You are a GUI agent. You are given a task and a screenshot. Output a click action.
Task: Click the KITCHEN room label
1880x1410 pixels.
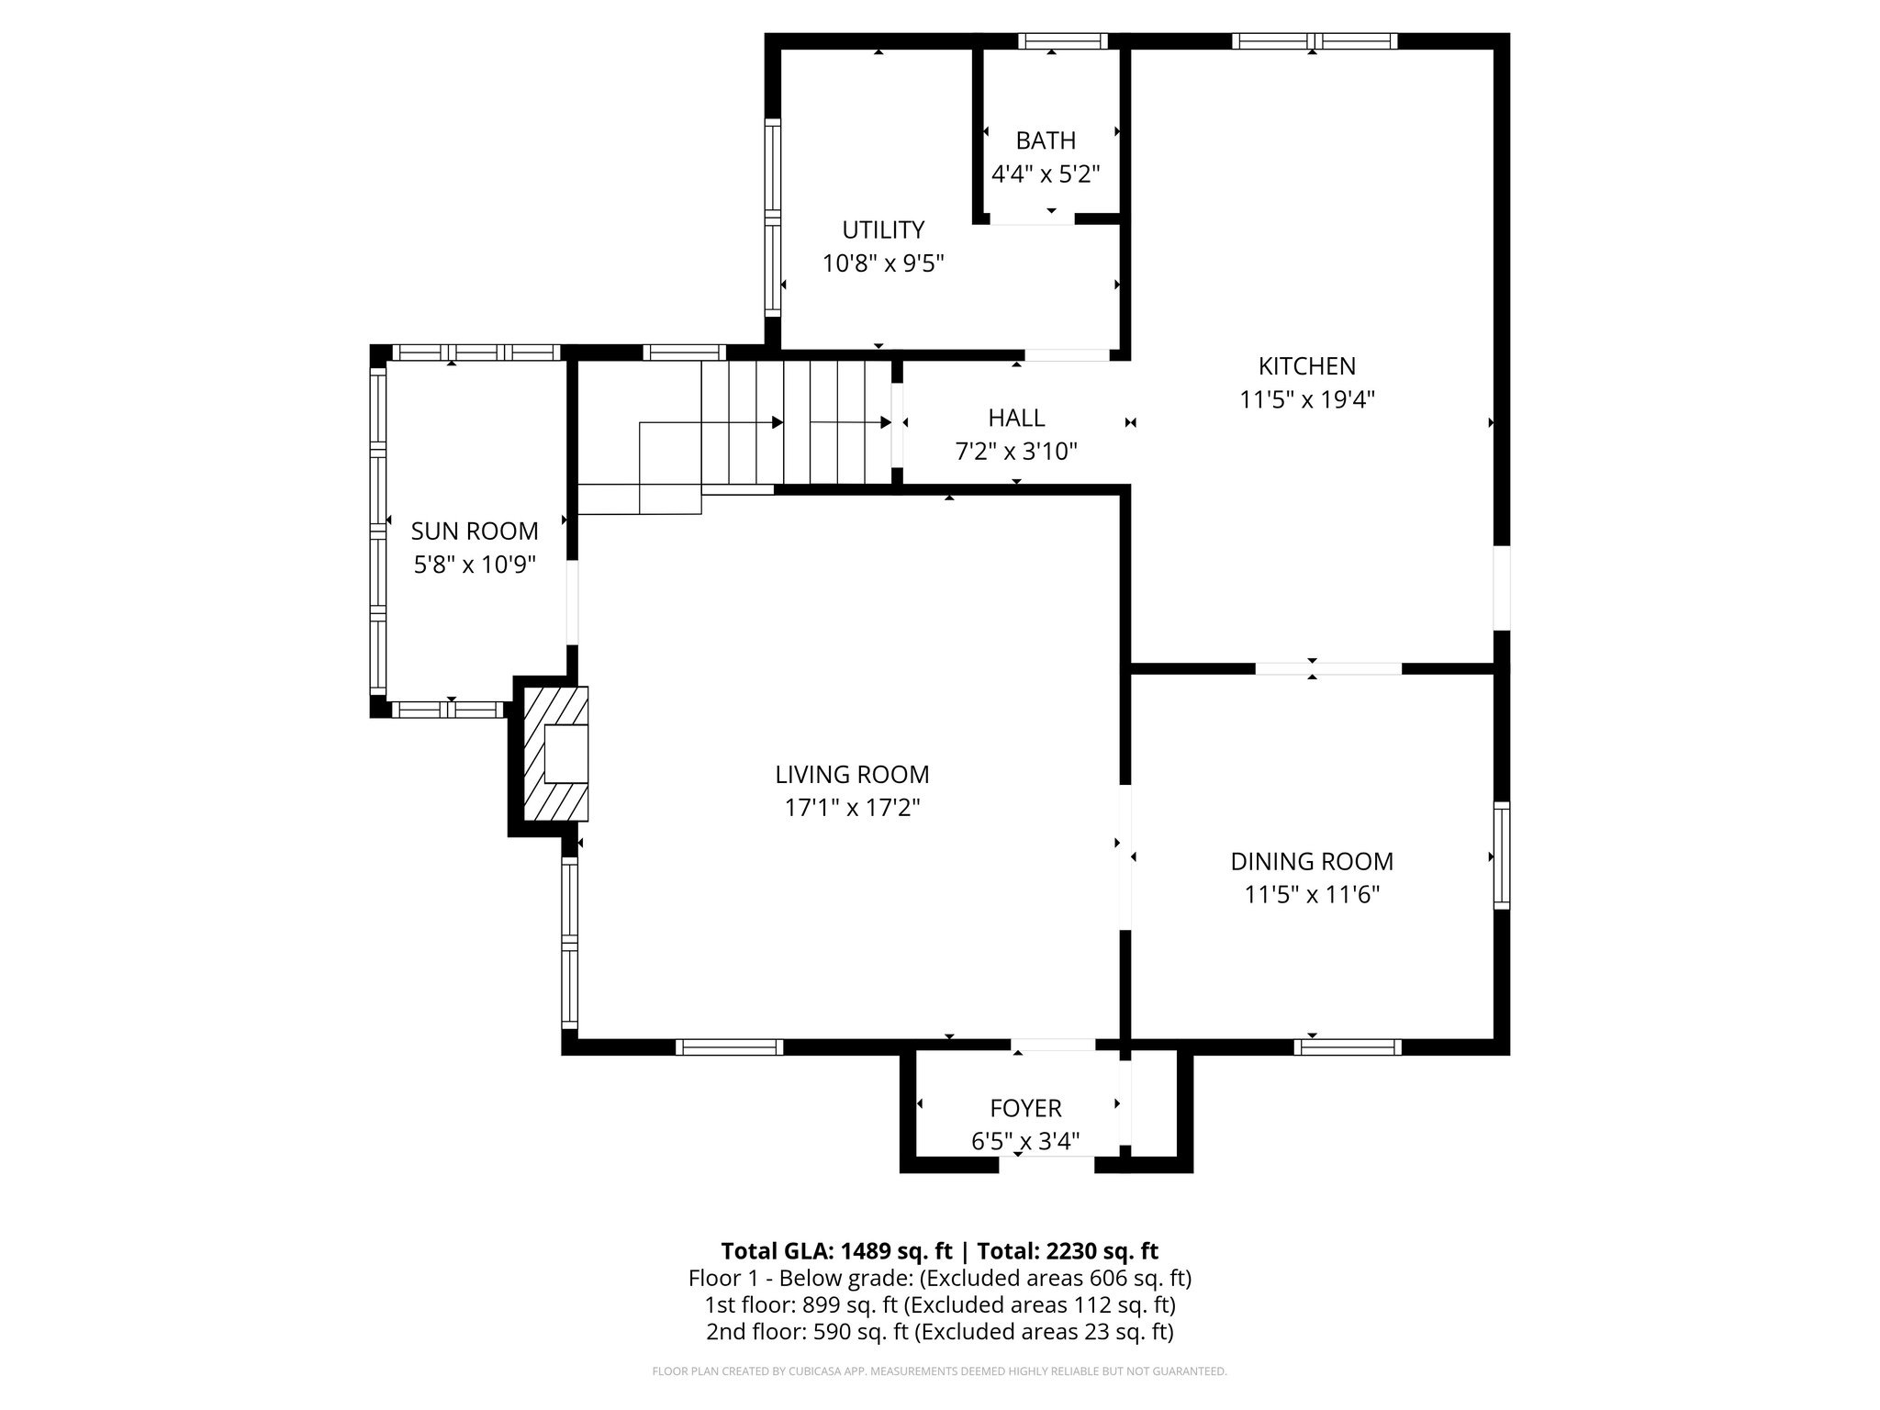(1306, 366)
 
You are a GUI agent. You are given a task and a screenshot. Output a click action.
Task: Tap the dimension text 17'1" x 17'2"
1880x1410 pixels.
(852, 808)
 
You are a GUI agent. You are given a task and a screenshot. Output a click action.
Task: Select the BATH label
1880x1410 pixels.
(1046, 140)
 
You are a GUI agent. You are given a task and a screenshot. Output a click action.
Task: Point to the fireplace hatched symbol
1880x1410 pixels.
(554, 753)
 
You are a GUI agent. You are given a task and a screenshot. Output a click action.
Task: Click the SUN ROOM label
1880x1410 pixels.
(474, 531)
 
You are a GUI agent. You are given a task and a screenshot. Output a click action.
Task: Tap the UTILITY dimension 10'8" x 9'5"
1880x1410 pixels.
(883, 263)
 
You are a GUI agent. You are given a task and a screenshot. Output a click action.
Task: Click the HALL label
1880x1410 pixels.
(1016, 418)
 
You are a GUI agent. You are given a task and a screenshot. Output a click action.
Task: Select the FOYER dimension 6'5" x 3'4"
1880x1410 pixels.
(1025, 1142)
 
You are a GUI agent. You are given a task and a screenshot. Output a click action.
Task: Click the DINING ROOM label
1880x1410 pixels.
(1312, 861)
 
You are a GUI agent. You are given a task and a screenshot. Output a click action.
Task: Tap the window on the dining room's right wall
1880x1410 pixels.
(1502, 856)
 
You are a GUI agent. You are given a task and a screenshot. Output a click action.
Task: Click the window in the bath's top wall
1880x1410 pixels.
(1063, 41)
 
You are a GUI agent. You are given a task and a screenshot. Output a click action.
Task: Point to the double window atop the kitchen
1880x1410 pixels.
(1315, 41)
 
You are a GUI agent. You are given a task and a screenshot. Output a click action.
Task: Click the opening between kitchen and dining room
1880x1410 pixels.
(1328, 668)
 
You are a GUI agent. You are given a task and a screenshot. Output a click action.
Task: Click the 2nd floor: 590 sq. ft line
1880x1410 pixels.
(939, 1331)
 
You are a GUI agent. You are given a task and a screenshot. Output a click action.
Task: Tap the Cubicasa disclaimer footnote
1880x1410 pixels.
(939, 1371)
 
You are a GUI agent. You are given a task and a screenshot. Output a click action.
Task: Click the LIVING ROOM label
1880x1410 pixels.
(852, 775)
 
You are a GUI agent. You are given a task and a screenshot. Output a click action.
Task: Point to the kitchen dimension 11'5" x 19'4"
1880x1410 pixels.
(1306, 400)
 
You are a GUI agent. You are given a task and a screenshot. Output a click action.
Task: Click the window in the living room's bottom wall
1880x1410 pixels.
(729, 1046)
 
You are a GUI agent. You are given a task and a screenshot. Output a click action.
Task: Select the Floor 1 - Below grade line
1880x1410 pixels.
(939, 1278)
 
